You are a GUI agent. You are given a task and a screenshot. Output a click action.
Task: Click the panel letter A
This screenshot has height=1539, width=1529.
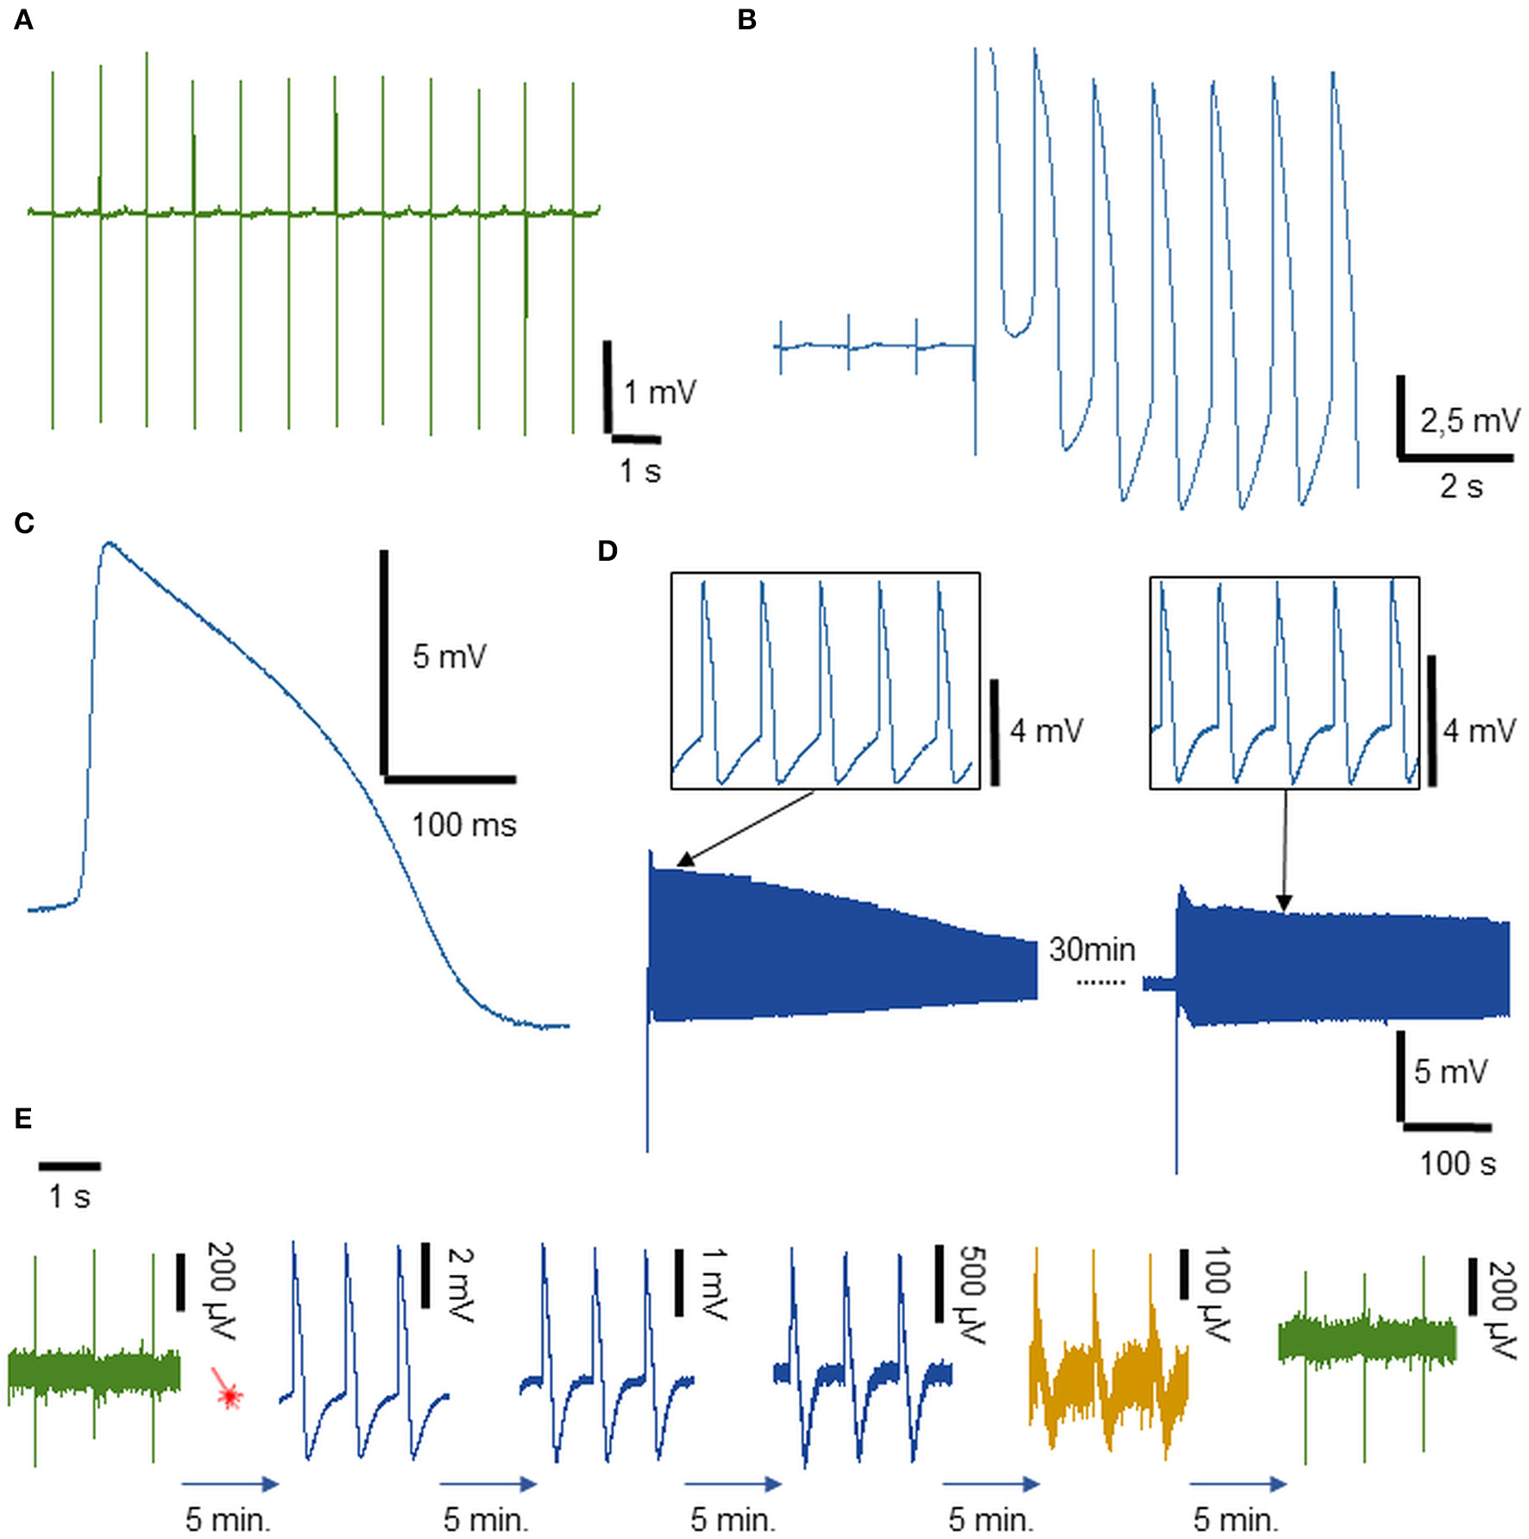coord(23,19)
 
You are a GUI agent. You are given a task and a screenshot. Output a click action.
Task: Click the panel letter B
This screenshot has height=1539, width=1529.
coord(746,19)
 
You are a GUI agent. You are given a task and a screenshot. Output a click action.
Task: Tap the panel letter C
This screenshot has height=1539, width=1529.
coord(23,523)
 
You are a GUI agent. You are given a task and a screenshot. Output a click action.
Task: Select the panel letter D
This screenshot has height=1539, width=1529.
coord(607,550)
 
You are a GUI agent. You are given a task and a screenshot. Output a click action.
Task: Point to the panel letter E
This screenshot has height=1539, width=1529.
coord(23,1118)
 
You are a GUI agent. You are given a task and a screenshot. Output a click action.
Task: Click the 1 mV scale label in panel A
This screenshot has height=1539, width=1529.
coord(659,393)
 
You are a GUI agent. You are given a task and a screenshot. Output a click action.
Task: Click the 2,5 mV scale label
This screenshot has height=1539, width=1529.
coord(1469,421)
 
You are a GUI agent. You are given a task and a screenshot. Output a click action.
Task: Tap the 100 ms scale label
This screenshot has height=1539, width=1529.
coord(463,825)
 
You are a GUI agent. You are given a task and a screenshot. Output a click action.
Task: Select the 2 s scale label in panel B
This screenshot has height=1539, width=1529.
coord(1461,487)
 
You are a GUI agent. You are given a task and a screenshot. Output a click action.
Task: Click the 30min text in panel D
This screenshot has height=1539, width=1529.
coord(1092,949)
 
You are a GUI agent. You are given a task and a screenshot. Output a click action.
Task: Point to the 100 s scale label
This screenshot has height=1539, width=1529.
coord(1457,1164)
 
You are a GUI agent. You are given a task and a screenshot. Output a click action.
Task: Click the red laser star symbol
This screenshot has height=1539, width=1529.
coord(228,1394)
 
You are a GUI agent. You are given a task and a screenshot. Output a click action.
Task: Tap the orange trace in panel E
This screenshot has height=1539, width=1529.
coord(1109,1363)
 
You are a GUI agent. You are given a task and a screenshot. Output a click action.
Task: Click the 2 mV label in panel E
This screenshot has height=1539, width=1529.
coord(461,1285)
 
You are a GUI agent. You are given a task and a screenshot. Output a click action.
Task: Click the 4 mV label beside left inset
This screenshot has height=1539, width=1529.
coord(1046,732)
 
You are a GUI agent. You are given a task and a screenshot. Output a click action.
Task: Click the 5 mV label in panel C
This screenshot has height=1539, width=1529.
coord(449,656)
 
